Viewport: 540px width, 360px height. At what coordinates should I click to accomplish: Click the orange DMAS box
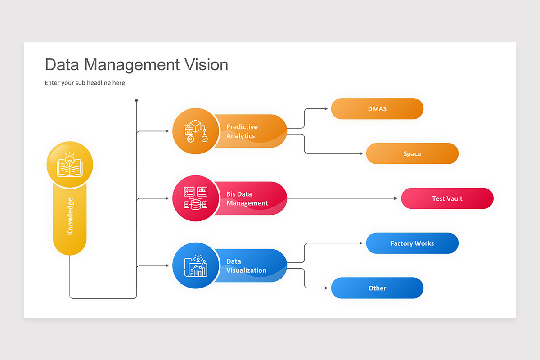(x=377, y=109)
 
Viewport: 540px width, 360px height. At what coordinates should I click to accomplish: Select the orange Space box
(x=412, y=154)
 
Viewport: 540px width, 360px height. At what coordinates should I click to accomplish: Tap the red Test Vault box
(x=447, y=198)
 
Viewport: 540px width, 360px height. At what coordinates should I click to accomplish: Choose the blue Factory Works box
(x=412, y=243)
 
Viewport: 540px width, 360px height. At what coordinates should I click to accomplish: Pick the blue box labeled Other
(x=377, y=288)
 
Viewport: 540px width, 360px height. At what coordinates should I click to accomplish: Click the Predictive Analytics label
(x=242, y=131)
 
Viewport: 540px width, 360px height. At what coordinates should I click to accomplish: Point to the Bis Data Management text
(x=247, y=198)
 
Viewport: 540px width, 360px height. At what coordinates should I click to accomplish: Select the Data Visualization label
(x=246, y=265)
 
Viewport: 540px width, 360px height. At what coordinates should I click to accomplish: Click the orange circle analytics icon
(x=195, y=131)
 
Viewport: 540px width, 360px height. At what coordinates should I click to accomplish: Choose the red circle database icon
(x=195, y=198)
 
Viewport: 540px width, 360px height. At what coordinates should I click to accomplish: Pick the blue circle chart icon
(x=195, y=266)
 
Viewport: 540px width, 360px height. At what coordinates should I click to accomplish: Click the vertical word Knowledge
(x=70, y=216)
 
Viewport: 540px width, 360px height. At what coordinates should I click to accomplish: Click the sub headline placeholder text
(x=85, y=83)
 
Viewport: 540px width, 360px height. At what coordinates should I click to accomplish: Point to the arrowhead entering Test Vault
(x=396, y=198)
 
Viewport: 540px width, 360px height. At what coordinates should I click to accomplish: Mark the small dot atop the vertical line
(x=136, y=100)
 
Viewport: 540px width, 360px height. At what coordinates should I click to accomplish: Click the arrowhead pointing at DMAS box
(x=326, y=109)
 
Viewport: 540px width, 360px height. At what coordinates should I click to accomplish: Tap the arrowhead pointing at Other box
(x=326, y=288)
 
